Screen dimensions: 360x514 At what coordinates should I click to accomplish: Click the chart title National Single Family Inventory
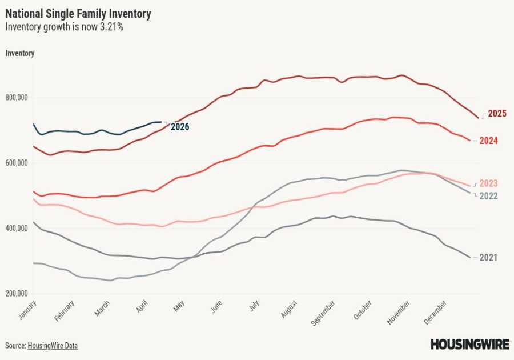pos(78,13)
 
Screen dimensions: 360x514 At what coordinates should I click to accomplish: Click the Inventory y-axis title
pos(20,53)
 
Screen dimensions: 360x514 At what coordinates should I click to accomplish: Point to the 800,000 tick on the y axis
pos(17,98)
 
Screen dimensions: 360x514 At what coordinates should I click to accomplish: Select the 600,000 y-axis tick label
pos(17,163)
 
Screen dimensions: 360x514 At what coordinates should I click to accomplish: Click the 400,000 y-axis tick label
pos(17,229)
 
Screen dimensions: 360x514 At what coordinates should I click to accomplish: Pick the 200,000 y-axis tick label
pos(17,294)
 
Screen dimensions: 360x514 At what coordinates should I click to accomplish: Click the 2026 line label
pos(179,127)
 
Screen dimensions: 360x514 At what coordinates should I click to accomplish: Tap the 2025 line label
pos(497,114)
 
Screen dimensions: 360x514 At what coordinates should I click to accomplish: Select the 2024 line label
pos(488,141)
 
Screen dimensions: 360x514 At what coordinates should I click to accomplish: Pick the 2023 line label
pos(488,183)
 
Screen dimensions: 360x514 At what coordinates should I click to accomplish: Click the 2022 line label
pos(488,196)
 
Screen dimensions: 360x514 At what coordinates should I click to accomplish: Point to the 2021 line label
pos(488,258)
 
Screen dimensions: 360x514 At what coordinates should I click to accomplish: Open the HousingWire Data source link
pos(53,346)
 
